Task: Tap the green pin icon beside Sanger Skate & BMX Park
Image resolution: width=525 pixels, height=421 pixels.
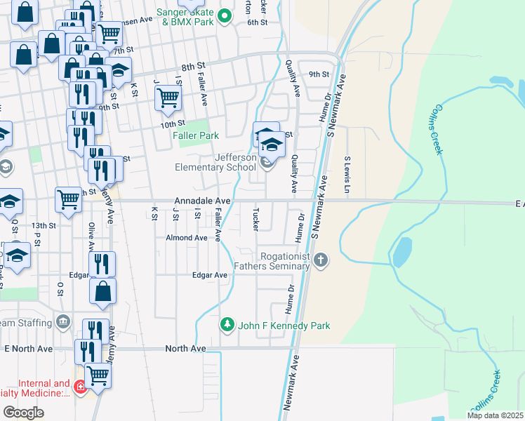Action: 225,15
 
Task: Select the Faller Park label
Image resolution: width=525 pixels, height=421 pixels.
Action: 197,135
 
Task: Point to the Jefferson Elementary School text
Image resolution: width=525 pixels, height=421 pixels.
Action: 215,162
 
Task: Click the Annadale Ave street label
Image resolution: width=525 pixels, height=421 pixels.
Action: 208,200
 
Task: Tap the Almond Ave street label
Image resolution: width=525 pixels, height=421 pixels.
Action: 186,238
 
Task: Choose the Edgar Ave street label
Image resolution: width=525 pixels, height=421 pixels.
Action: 210,275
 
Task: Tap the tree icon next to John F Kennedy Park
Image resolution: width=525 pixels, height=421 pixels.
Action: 227,325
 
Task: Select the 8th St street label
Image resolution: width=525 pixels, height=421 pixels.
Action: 188,67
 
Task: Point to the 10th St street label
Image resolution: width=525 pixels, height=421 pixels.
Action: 171,124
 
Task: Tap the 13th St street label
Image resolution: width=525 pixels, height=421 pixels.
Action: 43,225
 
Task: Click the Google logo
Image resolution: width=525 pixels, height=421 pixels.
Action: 23,412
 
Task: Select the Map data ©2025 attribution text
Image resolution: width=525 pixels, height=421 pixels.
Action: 494,415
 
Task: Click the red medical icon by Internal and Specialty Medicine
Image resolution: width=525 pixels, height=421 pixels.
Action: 80,387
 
